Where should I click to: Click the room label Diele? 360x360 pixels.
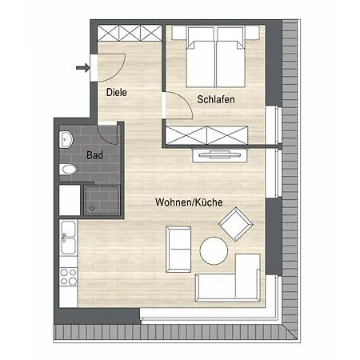coord(117,92)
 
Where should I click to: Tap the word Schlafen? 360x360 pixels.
coord(216,99)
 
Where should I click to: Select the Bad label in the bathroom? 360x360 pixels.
coord(94,155)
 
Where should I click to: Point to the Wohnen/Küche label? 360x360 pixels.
coord(189,202)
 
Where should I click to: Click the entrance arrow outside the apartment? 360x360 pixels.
coord(83,68)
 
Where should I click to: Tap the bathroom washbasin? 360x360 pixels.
coord(66,139)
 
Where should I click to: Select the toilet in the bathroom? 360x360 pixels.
coord(68,170)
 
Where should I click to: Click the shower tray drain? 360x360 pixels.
coord(92,208)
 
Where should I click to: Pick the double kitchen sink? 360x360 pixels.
coord(68,238)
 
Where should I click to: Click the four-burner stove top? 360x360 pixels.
coord(68,277)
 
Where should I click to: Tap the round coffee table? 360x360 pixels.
coord(214,250)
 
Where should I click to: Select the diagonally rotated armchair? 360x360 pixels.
coord(236,224)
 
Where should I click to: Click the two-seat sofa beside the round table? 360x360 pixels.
coord(178,250)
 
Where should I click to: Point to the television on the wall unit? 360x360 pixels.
coord(220,154)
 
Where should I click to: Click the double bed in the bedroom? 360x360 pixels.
coord(215,57)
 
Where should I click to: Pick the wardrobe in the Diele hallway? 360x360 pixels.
coord(130,33)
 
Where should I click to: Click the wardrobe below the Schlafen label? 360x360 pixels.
coord(206,135)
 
